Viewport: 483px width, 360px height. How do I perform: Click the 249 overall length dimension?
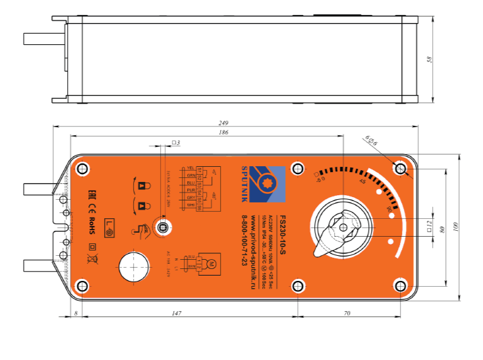pyautogui.click(x=224, y=122)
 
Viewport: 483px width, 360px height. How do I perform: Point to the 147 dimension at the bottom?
pyautogui.click(x=176, y=315)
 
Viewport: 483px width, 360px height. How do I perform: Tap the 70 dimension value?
pyautogui.click(x=347, y=315)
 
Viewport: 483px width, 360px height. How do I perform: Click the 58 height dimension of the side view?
pyautogui.click(x=430, y=59)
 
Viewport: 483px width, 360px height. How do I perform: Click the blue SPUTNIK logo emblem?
pyautogui.click(x=270, y=183)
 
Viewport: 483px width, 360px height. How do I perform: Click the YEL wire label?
pyautogui.click(x=191, y=169)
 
